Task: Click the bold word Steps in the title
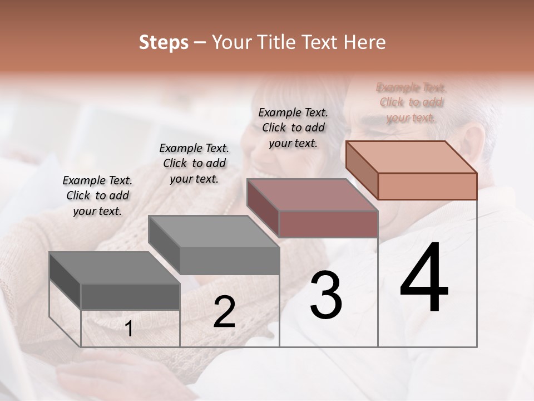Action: point(164,42)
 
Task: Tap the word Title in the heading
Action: point(278,42)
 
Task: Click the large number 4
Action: point(424,278)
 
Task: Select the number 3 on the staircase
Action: point(325,295)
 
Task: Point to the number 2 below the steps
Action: point(224,312)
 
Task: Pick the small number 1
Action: point(128,329)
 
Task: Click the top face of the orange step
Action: point(412,157)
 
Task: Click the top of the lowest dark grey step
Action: point(115,268)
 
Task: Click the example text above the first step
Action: point(97,195)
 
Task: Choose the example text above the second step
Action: point(194,163)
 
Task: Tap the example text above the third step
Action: point(293,128)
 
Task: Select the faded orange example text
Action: point(411,102)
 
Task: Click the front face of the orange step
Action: point(427,186)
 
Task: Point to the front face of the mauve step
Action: point(328,224)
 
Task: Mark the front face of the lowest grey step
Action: point(130,296)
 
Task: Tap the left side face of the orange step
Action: point(362,169)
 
